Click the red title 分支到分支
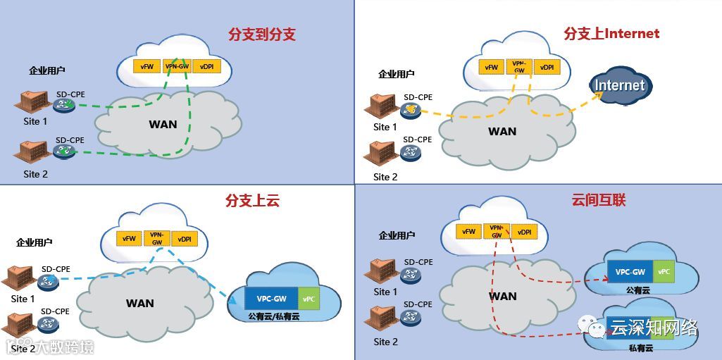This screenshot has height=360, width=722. tap(261, 35)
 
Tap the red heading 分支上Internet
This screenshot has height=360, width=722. tap(611, 33)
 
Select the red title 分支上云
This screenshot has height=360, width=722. tap(252, 201)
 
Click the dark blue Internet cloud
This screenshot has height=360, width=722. tap(620, 86)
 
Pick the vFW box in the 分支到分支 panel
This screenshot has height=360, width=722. tap(147, 66)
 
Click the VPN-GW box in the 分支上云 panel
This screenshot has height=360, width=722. tap(156, 238)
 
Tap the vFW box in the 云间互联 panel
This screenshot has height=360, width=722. tap(468, 232)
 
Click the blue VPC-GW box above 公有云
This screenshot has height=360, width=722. tap(630, 272)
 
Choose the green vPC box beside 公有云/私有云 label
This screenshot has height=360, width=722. tap(309, 299)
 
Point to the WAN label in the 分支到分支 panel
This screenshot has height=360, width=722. tap(163, 125)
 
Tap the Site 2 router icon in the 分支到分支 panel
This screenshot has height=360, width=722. tap(64, 150)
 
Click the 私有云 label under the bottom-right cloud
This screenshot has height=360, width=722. tap(638, 349)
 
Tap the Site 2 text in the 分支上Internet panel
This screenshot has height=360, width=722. tap(385, 177)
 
